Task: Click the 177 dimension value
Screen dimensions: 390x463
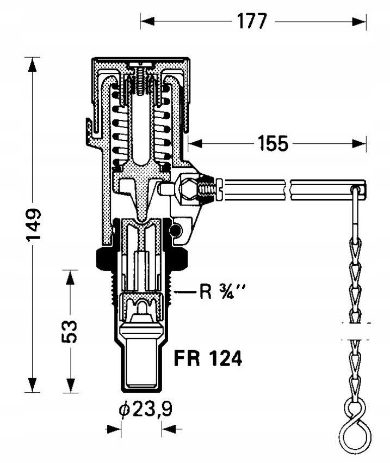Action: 252,21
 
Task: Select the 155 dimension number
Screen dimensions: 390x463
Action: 273,143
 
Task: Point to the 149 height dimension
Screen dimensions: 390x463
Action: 33,225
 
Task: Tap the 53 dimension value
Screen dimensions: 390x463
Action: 70,331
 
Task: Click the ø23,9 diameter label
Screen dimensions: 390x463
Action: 145,409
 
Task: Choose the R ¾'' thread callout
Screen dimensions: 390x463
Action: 222,292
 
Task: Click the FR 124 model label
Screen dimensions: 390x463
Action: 208,358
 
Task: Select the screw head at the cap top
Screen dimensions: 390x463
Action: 141,64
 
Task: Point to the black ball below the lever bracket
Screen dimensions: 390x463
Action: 176,230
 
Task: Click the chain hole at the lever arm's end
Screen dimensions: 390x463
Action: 356,188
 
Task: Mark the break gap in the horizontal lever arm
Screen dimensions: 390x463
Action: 288,190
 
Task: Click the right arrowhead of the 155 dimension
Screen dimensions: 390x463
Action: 359,144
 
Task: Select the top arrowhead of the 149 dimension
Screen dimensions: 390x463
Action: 33,64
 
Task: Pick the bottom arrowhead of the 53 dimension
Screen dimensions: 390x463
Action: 70,385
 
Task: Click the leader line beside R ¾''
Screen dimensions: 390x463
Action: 185,293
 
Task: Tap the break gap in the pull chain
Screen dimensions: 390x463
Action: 356,331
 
